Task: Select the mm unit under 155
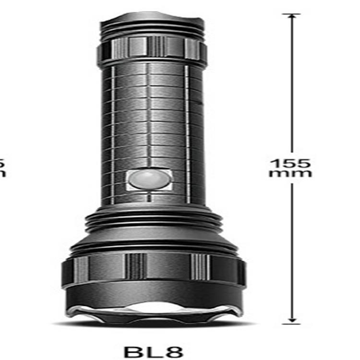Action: [290, 173]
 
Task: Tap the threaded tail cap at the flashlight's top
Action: [153, 26]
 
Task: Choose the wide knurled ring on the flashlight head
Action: [153, 269]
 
